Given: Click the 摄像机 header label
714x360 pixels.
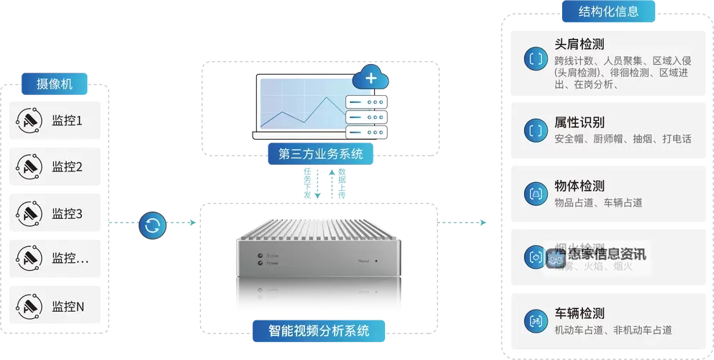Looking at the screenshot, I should (55, 84).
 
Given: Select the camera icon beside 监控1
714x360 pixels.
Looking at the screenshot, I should (29, 120).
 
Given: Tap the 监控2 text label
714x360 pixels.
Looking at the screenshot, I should (67, 167).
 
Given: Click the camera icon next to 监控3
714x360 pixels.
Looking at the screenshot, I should (29, 213).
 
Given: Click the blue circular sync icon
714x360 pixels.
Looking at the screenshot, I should (152, 225).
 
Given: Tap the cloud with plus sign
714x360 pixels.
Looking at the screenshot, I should (371, 78).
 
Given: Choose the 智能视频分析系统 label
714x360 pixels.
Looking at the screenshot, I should (319, 331).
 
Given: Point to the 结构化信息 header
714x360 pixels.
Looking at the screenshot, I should (598, 12).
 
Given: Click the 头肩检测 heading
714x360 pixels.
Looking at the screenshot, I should (579, 43).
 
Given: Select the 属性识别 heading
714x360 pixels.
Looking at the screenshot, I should (579, 122).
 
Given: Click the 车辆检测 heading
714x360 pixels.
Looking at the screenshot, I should (579, 314).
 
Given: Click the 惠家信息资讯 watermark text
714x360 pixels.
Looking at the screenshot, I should (607, 254).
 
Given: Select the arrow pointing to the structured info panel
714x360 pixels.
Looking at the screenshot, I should (464, 222).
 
